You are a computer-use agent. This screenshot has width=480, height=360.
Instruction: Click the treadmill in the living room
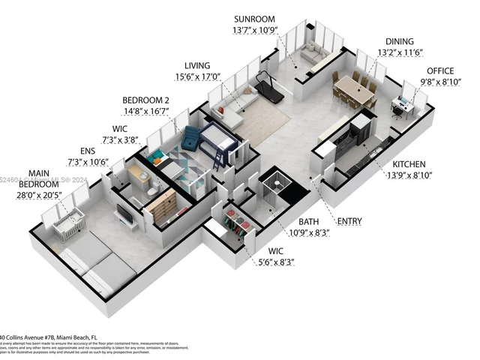coord(269,88)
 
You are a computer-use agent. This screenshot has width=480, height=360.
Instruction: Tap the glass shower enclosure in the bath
coord(274,184)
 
